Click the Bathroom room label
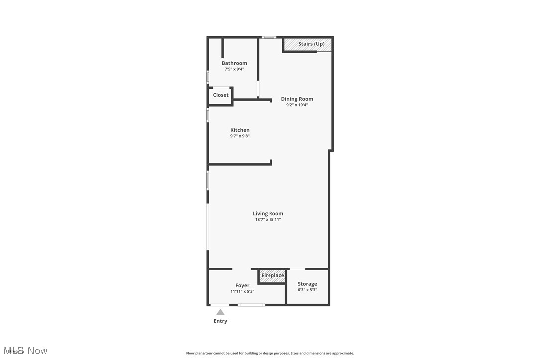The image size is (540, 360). click(234, 63)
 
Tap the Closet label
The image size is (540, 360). click(221, 95)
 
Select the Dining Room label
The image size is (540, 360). click(297, 99)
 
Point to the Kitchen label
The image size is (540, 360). click(240, 130)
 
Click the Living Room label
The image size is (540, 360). click(268, 214)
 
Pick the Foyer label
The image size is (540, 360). click(242, 286)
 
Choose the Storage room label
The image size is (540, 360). click(307, 284)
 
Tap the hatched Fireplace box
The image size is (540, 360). click(272, 276)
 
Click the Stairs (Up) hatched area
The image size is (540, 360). click(308, 44)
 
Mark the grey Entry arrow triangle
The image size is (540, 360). click(220, 312)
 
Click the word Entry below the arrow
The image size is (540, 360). click(220, 321)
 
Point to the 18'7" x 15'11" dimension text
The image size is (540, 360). click(268, 219)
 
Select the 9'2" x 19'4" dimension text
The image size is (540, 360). click(297, 105)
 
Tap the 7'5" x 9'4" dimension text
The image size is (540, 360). click(234, 69)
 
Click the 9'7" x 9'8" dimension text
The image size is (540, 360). click(240, 136)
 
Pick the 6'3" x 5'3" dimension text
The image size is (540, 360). click(307, 290)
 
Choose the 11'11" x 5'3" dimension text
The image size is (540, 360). click(242, 291)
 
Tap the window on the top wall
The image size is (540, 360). click(269, 37)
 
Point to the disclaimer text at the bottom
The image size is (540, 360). click(270, 353)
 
